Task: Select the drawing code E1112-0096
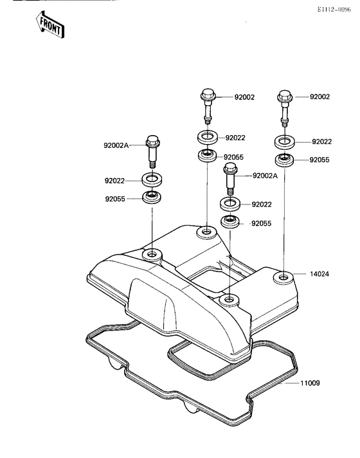pos(334,10)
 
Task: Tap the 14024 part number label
pos(319,274)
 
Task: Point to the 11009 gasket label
pos(310,383)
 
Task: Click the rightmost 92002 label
pos(319,96)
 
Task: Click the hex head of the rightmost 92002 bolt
pos(284,96)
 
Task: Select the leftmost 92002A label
pos(116,145)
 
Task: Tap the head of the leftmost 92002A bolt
pos(152,141)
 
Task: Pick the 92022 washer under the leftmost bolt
pos(152,179)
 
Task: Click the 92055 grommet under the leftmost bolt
pos(152,197)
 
